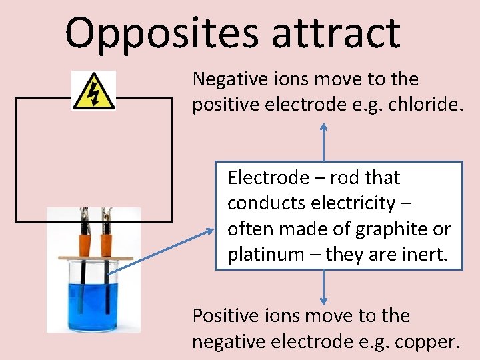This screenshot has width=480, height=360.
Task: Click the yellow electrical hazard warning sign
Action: tap(94, 91)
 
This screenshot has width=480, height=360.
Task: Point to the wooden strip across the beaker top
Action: tap(93, 257)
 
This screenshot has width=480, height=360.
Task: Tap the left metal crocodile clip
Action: tap(85, 216)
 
